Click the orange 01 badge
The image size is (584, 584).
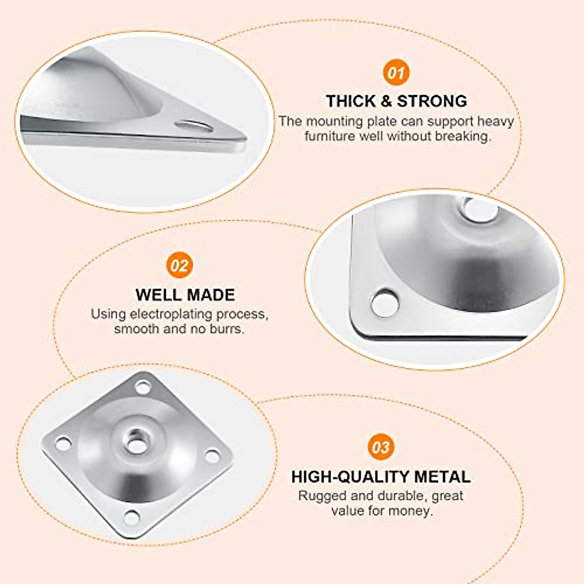(396, 73)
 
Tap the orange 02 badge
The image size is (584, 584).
(180, 265)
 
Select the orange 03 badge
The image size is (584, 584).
(381, 447)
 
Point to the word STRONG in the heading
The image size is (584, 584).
(432, 101)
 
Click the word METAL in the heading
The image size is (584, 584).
(442, 477)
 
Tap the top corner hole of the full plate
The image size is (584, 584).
(143, 387)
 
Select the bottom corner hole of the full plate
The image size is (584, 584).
(131, 517)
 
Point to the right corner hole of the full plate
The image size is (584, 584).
(212, 456)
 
